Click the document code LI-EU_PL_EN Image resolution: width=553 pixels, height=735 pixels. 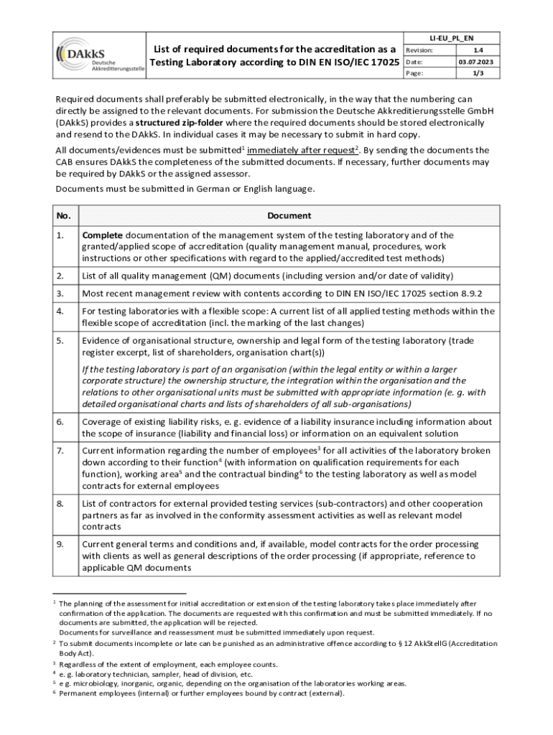451,38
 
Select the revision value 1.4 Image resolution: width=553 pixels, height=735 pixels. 477,50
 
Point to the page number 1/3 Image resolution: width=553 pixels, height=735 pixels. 477,74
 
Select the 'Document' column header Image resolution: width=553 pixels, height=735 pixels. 289,215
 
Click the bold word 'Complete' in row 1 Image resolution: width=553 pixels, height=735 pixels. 103,235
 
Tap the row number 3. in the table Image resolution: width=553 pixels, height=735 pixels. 61,294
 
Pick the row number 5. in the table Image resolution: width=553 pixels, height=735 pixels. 61,341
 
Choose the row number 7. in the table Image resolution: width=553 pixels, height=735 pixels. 61,451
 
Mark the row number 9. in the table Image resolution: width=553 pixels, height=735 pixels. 61,545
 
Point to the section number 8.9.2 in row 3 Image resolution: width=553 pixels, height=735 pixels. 466,294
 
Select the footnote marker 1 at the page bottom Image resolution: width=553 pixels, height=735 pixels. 55,603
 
